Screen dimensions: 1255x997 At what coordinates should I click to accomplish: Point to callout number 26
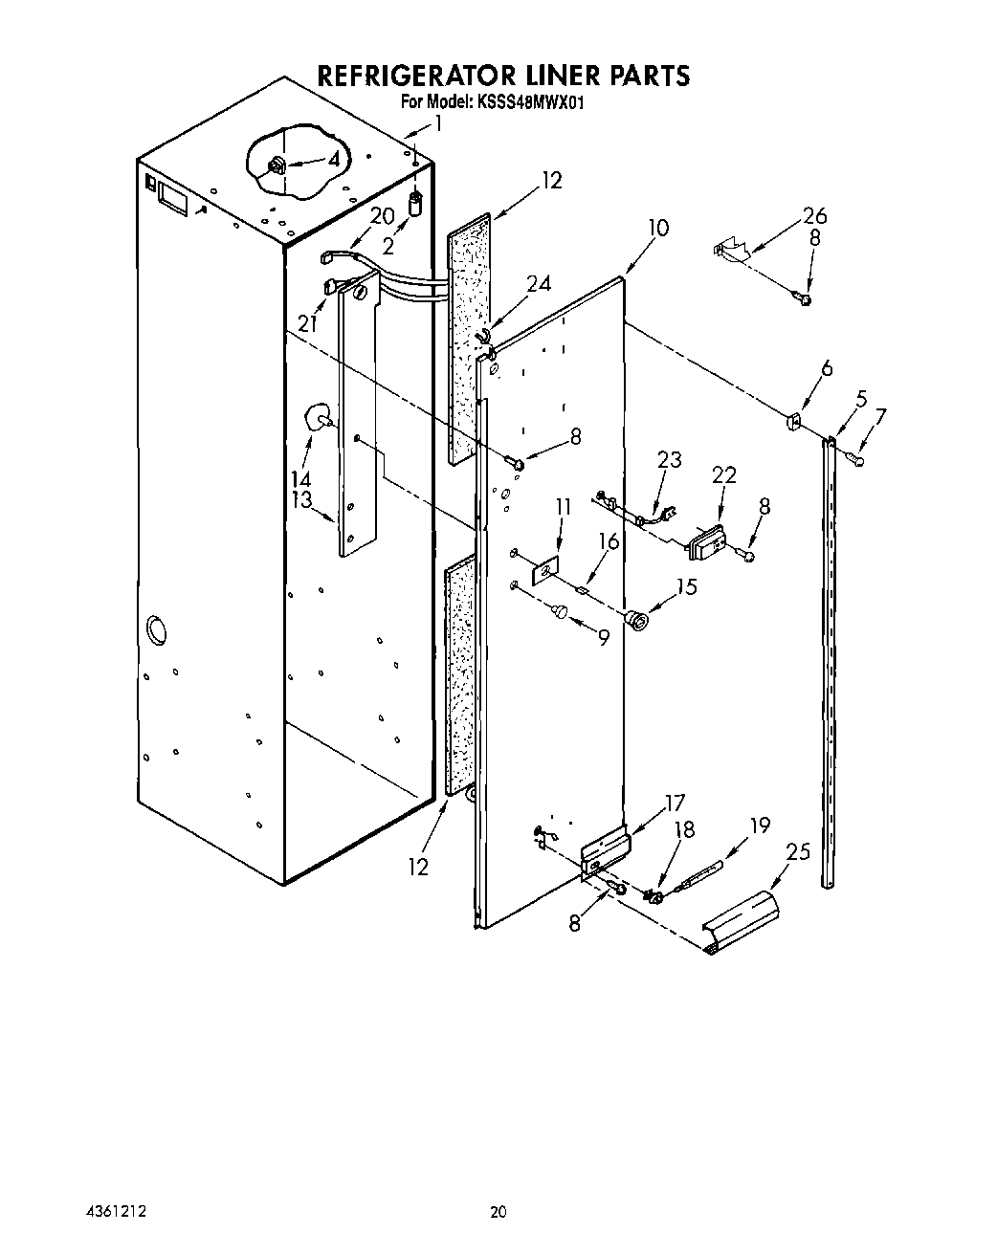(x=814, y=216)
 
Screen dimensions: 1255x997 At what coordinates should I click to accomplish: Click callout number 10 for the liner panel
(x=657, y=228)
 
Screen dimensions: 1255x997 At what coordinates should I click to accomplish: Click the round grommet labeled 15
(x=634, y=622)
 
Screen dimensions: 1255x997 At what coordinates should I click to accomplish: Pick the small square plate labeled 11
(x=544, y=571)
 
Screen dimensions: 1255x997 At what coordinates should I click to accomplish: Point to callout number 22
(x=724, y=475)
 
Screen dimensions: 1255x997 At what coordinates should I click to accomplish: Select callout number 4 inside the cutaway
(x=333, y=160)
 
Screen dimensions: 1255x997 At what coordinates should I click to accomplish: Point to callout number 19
(x=759, y=825)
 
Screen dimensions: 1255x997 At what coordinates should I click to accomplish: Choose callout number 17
(x=675, y=804)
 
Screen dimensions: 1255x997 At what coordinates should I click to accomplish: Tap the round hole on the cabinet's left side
(x=154, y=631)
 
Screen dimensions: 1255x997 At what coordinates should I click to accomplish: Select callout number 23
(x=669, y=460)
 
